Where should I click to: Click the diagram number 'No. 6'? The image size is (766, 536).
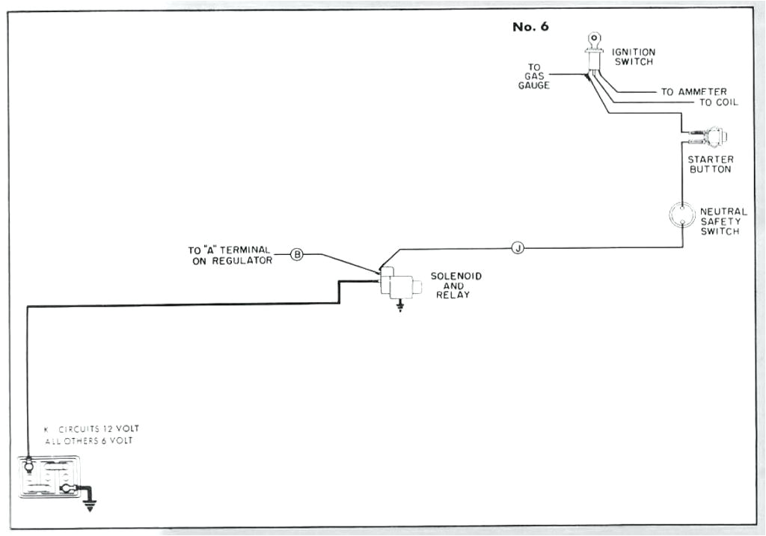click(x=530, y=27)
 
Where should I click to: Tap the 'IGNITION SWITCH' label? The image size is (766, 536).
click(x=634, y=57)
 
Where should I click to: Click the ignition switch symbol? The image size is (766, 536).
click(x=593, y=52)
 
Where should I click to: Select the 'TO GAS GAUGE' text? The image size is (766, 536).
click(x=534, y=76)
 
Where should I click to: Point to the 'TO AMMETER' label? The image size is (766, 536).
click(x=693, y=92)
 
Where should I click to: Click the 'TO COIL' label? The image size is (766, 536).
click(x=718, y=102)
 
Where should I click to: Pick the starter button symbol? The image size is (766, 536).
click(x=711, y=137)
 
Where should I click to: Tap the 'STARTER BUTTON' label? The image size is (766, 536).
click(x=710, y=164)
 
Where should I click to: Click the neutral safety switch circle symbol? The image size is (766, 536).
click(x=681, y=215)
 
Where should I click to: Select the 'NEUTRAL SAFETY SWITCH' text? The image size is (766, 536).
click(x=723, y=221)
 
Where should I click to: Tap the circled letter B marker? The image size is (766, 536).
click(x=297, y=255)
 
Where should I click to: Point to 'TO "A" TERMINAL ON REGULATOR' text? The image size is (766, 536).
click(x=229, y=255)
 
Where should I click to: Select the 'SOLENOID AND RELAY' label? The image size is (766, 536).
click(x=456, y=286)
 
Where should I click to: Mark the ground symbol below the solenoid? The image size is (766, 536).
click(x=400, y=306)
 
